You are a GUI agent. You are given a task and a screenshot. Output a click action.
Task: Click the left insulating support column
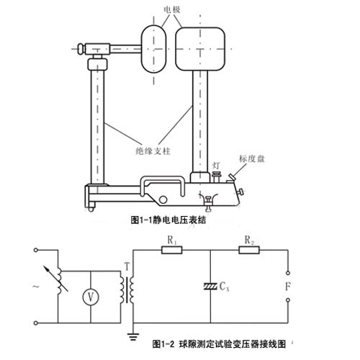[x=96, y=122]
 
